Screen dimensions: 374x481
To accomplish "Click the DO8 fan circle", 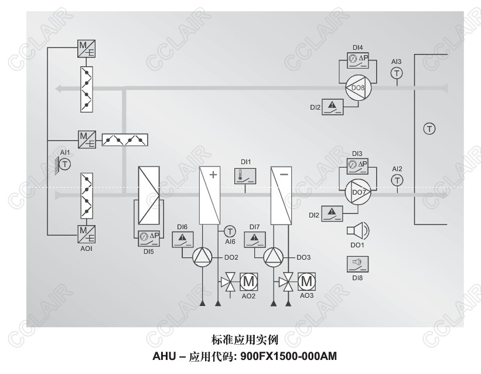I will [x=357, y=88].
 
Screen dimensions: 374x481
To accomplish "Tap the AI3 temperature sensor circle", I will [x=397, y=73].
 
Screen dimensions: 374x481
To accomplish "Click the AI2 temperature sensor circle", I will [x=397, y=180].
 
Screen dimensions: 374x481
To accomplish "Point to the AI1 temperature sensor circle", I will [x=65, y=164].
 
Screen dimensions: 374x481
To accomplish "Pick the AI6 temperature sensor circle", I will [x=230, y=231].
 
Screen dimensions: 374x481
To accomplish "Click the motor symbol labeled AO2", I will [x=249, y=282].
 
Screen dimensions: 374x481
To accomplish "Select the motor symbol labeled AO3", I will [x=306, y=282].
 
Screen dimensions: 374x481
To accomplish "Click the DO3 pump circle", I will [x=274, y=257].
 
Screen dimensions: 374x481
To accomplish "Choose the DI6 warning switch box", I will [x=182, y=239].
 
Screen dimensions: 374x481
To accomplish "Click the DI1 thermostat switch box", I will [x=244, y=175].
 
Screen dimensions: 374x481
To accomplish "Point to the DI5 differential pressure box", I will [x=148, y=237].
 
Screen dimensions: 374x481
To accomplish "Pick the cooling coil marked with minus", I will [x=282, y=195].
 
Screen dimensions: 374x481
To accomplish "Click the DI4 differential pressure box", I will [x=357, y=59].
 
